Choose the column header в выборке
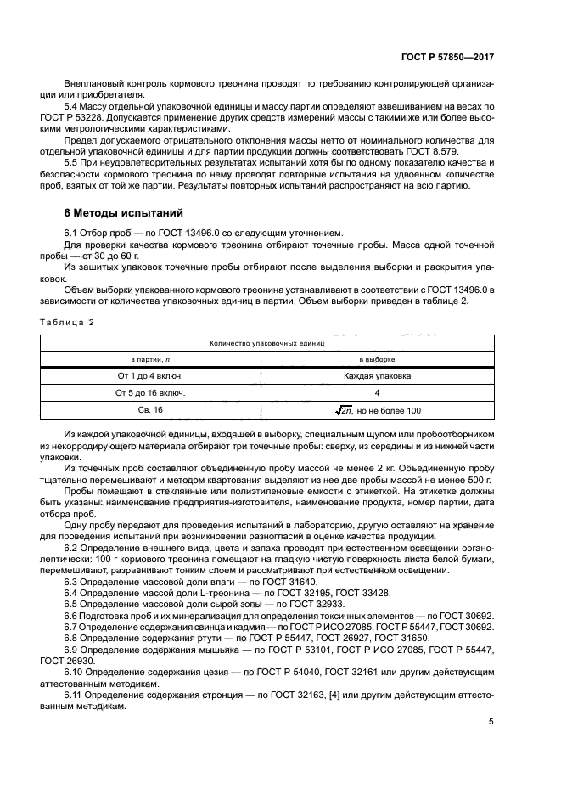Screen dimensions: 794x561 tap(377, 360)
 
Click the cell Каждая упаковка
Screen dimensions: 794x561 tap(377, 377)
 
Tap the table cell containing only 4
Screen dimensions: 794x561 tap(377, 394)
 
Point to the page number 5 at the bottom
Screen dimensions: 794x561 tap(491, 723)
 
